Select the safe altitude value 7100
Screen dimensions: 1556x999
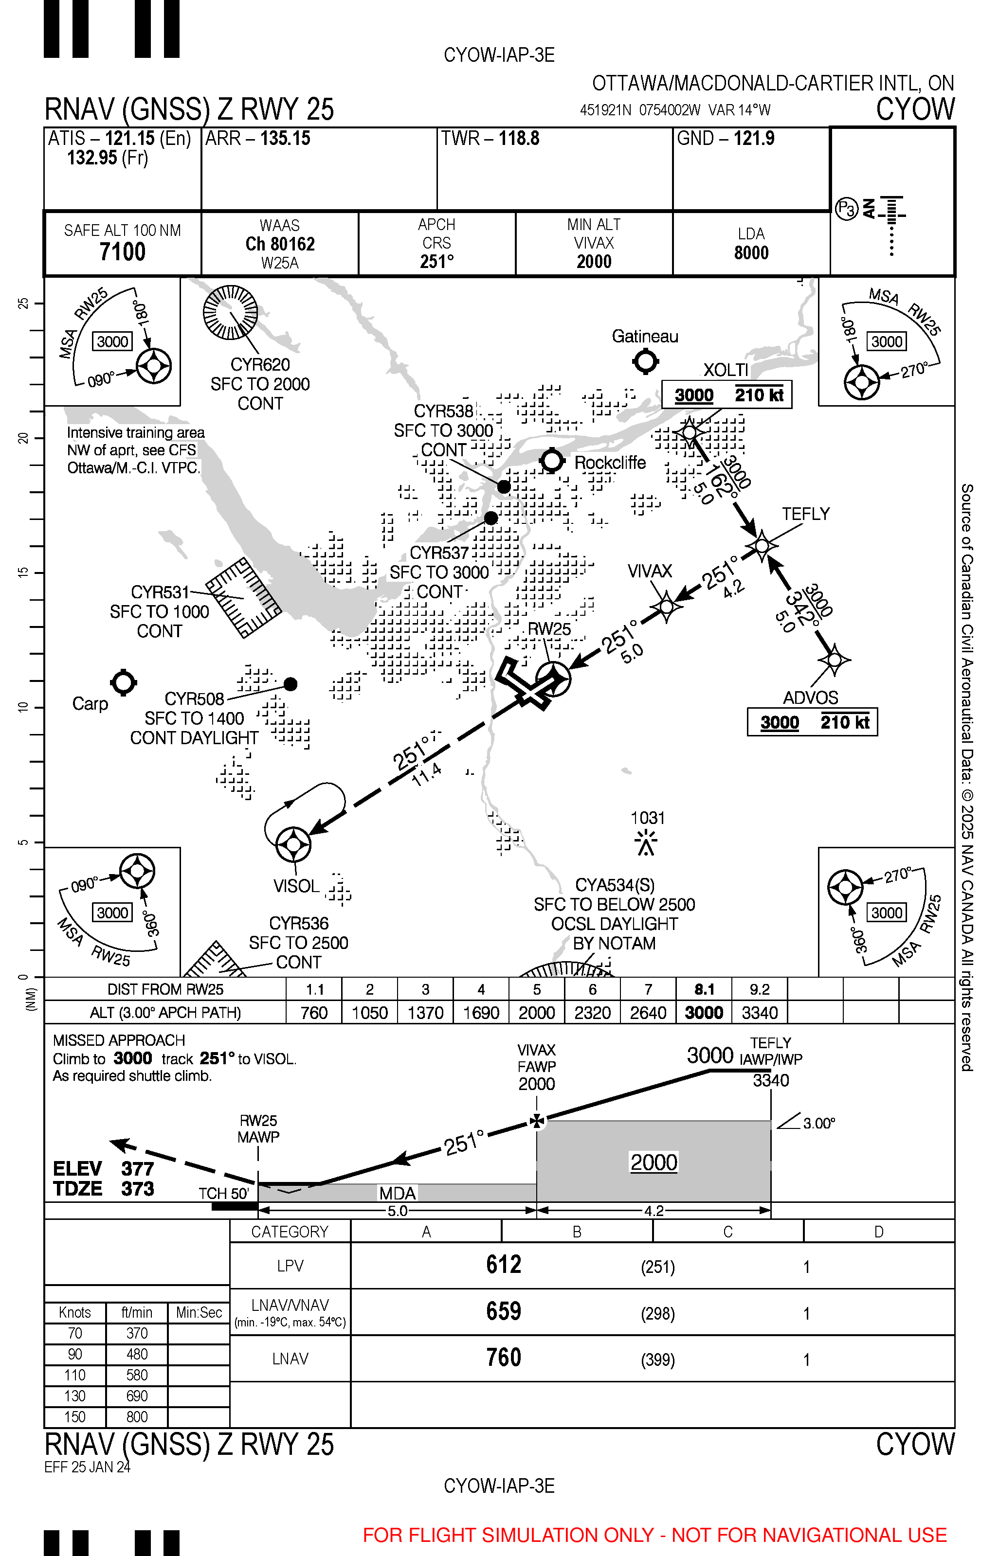point(123,251)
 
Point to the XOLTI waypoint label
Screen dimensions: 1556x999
point(726,370)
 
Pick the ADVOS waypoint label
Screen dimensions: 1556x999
point(810,698)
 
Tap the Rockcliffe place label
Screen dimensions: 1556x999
point(610,462)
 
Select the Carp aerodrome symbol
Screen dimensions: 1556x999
point(123,683)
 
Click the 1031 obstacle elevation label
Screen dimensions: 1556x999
point(647,818)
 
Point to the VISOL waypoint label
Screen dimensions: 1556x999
point(296,886)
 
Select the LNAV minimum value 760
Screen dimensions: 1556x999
point(503,1358)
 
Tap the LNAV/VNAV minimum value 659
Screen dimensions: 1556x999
point(503,1311)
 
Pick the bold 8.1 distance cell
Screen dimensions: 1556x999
point(704,989)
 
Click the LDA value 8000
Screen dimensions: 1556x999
point(751,253)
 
